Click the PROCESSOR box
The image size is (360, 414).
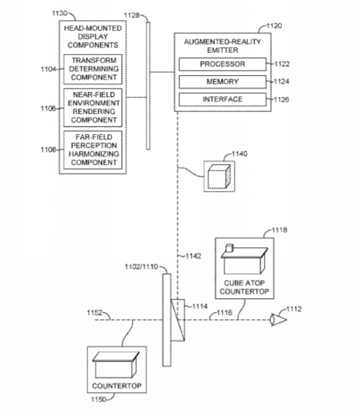point(222,64)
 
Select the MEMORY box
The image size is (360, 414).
point(222,82)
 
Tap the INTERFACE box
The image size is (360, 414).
point(222,99)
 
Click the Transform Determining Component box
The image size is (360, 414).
point(93,69)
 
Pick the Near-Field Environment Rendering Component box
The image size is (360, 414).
point(93,107)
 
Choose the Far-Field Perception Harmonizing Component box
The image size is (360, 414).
point(93,149)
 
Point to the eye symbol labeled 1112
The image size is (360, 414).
point(278,320)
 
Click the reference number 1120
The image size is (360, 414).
point(274,26)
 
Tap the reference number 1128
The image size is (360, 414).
point(131,15)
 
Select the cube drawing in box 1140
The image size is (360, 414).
point(219,176)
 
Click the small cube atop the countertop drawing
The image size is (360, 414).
point(230,248)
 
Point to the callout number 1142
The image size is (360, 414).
point(193,256)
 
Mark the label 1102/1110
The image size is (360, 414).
point(141,267)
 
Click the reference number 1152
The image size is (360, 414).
point(95,313)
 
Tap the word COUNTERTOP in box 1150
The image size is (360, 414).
point(117,386)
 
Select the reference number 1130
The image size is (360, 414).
point(59,13)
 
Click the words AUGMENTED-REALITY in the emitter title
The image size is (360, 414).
point(222,42)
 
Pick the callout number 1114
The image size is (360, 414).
point(200,306)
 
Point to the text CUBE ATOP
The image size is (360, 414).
point(244,283)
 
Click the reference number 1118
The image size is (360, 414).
point(280,230)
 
